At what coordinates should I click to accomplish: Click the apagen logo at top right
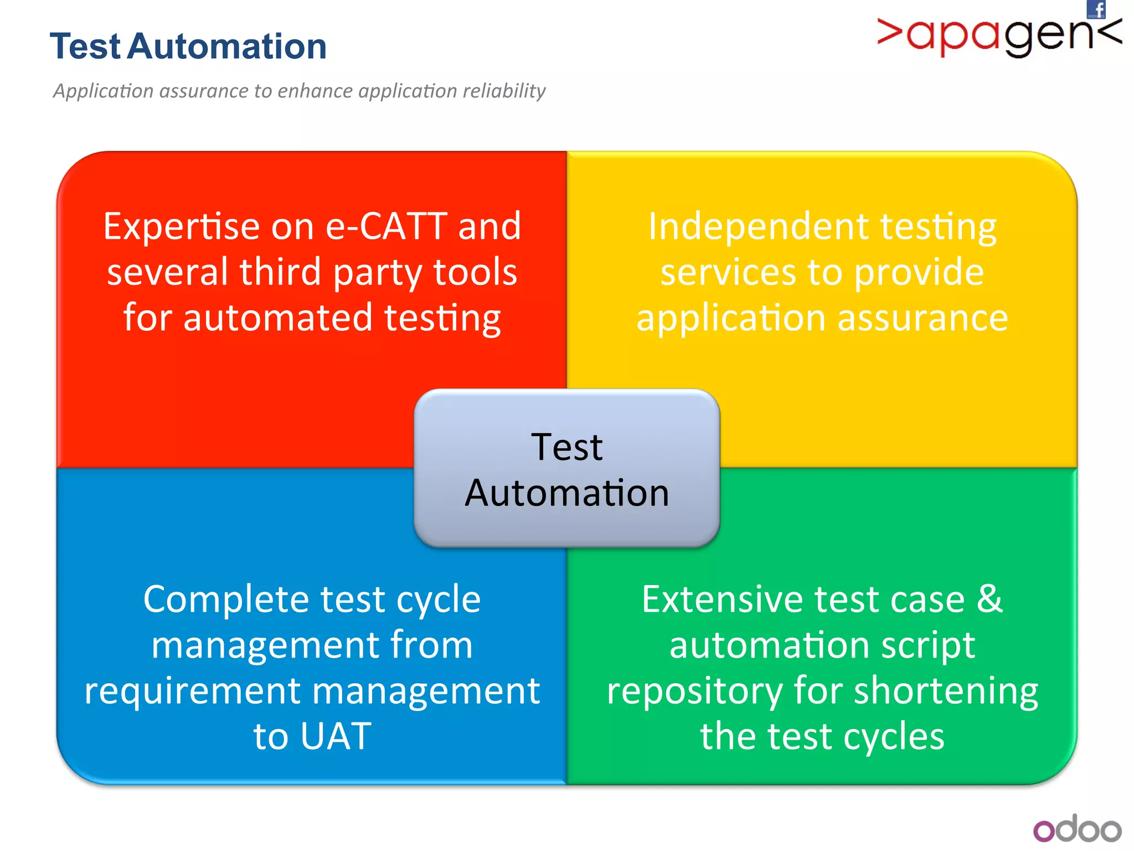click(x=999, y=36)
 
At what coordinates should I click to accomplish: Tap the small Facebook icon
click(x=1096, y=9)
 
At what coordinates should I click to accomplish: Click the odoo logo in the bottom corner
click(x=1077, y=829)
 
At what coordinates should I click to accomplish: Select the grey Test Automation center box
click(x=566, y=469)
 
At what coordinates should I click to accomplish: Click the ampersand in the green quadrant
click(x=989, y=599)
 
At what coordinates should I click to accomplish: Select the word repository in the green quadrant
click(x=694, y=691)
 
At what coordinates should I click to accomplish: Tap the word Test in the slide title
click(x=85, y=46)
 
